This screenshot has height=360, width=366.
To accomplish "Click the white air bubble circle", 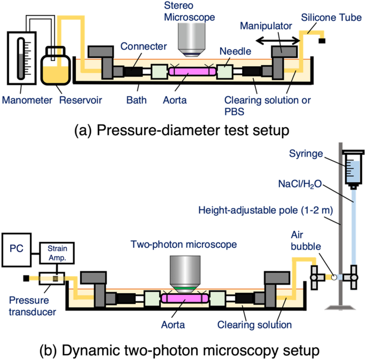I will tap(333, 277).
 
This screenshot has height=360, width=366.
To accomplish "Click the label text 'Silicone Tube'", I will tap(330, 17).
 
